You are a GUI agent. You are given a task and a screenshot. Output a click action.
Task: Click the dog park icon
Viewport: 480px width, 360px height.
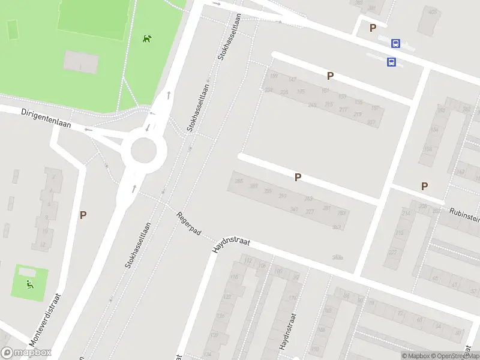(x=147, y=39)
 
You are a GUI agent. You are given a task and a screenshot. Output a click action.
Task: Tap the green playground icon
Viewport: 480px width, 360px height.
(x=29, y=284)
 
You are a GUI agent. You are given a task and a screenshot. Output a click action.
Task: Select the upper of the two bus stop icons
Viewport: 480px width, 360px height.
(x=395, y=43)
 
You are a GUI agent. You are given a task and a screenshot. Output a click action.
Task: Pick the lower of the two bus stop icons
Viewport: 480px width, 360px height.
(x=391, y=62)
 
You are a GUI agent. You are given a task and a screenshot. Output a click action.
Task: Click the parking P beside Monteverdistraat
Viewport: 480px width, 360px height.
(x=83, y=214)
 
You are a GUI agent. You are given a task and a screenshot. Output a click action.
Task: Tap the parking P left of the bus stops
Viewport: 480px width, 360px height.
(x=373, y=28)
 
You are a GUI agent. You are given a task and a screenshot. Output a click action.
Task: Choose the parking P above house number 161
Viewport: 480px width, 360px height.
(x=329, y=76)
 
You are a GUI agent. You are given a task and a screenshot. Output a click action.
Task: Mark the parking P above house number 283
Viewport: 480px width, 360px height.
(x=297, y=177)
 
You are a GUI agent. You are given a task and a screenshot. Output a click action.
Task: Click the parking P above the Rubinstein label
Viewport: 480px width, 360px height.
(x=424, y=186)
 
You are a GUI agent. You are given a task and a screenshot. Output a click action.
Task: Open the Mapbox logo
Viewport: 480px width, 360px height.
(x=26, y=353)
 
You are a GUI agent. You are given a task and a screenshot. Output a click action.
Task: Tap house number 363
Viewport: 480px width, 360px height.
(x=337, y=227)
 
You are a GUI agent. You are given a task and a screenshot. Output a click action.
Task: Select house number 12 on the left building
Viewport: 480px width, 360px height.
(x=43, y=244)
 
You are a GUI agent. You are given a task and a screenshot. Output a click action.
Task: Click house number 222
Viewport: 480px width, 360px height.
(x=392, y=252)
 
